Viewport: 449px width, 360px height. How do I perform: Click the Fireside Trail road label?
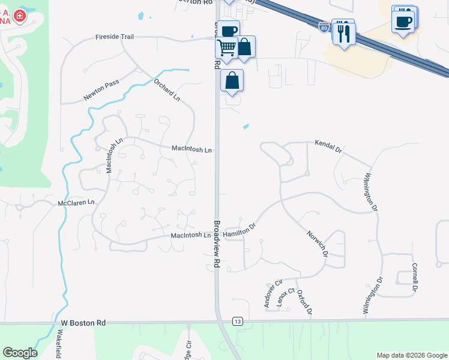tap(114, 37)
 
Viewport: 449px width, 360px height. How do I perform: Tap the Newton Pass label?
tap(102, 90)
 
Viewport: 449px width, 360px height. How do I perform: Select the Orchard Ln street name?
tap(167, 89)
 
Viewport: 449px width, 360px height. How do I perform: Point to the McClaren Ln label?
tap(76, 203)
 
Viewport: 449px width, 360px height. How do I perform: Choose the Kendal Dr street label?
tap(328, 146)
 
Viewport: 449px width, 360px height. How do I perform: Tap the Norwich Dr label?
tap(317, 244)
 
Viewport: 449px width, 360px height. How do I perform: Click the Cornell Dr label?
tap(414, 277)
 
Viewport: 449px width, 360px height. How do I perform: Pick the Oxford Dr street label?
tap(304, 302)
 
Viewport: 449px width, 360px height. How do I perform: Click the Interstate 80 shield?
tap(324, 28)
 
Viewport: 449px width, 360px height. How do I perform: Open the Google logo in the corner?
tap(20, 353)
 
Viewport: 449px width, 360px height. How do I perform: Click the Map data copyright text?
tap(411, 355)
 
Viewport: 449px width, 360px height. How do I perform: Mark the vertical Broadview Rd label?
tap(216, 241)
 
